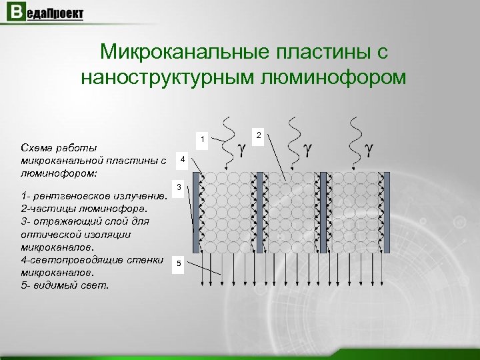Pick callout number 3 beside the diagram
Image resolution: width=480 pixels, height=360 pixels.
click(179, 189)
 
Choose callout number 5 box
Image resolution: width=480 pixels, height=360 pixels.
click(179, 265)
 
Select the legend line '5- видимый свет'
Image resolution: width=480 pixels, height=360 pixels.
click(66, 285)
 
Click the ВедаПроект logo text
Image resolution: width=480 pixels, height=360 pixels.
click(54, 13)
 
